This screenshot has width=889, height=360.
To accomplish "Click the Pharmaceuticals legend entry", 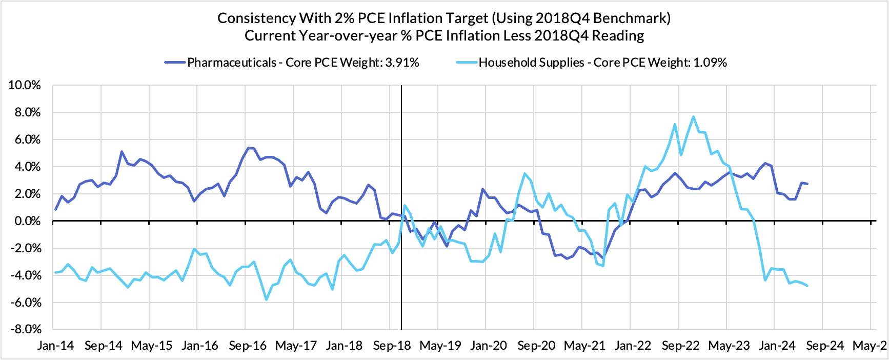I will pyautogui.click(x=292, y=63).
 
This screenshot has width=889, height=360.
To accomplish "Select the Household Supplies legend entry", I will pyautogui.click(x=602, y=63).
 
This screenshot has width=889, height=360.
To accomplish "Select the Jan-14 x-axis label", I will pyautogui.click(x=55, y=346).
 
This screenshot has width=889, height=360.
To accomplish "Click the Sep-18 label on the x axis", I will pyautogui.click(x=392, y=346).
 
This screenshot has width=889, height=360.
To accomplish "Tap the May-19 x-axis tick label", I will pyautogui.click(x=440, y=346).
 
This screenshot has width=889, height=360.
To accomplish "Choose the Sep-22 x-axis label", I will pyautogui.click(x=681, y=346).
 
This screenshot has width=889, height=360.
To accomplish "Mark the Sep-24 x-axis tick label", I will pyautogui.click(x=825, y=346).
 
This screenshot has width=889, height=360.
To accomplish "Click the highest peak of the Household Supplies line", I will pyautogui.click(x=693, y=116).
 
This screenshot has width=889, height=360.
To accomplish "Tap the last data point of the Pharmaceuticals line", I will pyautogui.click(x=807, y=184).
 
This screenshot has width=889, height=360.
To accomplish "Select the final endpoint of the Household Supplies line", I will pyautogui.click(x=807, y=286).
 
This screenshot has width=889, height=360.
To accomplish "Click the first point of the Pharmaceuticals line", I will pyautogui.click(x=55, y=209).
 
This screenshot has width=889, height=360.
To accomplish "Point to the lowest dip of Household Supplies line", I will pyautogui.click(x=266, y=299).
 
